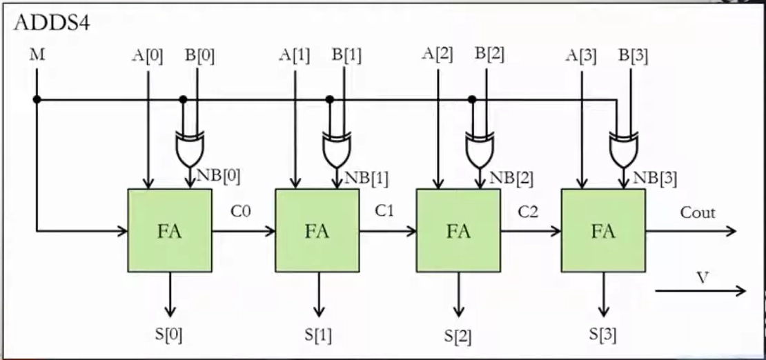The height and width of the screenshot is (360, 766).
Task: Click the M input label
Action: click(37, 54)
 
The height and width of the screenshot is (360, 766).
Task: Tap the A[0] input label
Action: click(147, 55)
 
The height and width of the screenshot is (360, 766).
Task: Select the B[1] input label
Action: click(346, 55)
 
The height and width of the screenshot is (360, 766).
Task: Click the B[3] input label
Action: click(633, 55)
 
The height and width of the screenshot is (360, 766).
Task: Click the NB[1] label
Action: click(366, 178)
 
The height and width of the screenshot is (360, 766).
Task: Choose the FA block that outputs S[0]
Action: click(170, 230)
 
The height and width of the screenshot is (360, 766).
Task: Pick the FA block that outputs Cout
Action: click(603, 230)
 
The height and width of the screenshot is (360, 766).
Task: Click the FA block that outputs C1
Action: click(317, 230)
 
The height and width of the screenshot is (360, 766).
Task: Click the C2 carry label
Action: click(528, 211)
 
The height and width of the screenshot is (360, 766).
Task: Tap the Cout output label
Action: click(698, 212)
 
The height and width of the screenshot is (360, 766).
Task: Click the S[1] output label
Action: click(318, 335)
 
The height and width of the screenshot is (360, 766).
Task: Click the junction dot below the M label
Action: click(37, 99)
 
